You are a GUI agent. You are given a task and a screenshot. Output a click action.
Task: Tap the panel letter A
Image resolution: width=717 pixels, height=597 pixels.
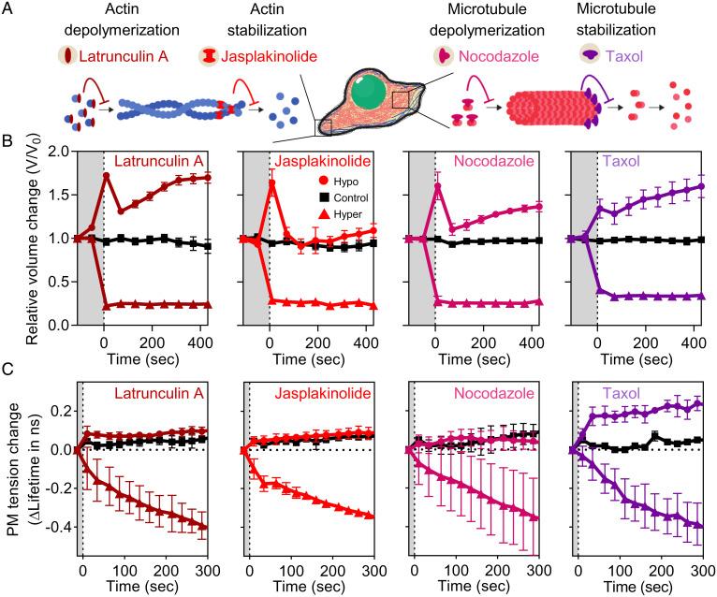pyautogui.click(x=7, y=8)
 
